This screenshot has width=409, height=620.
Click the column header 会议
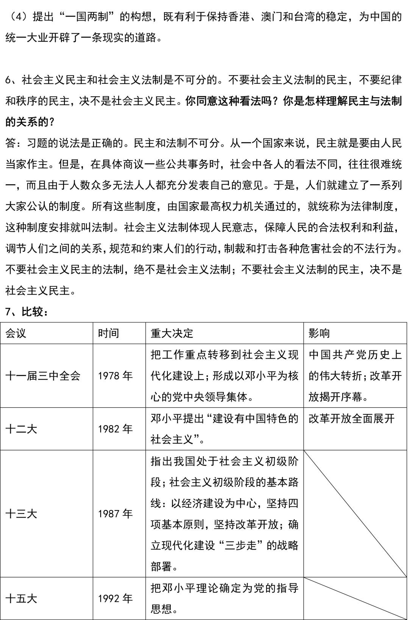[x=16, y=333]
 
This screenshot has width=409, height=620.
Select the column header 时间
[x=108, y=333]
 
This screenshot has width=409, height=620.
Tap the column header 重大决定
[x=172, y=333]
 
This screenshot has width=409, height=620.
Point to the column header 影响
[x=319, y=333]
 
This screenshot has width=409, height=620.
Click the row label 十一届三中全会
[x=43, y=376]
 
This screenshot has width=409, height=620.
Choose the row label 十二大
[x=21, y=429]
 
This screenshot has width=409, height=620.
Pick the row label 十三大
[x=21, y=514]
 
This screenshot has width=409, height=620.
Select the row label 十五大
[x=21, y=598]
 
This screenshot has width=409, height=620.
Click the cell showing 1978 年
[x=115, y=376]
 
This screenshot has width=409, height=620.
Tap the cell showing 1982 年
[x=115, y=429]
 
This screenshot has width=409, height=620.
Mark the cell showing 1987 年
[x=115, y=514]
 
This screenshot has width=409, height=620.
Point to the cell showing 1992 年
[x=115, y=598]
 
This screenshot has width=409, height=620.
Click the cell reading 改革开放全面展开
[x=351, y=419]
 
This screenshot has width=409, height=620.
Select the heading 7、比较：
[x=27, y=312]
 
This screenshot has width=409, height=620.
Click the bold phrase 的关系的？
[x=30, y=122]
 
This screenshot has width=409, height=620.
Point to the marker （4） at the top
[x=18, y=17]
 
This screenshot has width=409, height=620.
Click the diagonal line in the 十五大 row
[x=355, y=598]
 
